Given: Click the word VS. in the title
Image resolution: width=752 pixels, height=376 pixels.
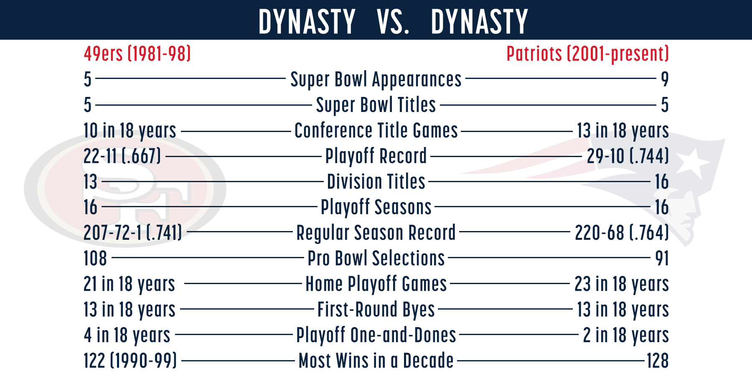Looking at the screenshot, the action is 393,22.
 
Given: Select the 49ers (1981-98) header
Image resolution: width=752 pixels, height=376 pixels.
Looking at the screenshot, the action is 137,54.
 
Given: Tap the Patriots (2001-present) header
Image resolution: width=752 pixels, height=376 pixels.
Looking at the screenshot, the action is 588,54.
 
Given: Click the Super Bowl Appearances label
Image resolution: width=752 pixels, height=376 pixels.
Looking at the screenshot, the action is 376,79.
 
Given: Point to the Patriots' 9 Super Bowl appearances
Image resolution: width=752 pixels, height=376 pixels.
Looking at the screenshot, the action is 665,79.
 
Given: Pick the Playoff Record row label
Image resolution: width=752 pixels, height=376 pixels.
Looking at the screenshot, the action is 376,156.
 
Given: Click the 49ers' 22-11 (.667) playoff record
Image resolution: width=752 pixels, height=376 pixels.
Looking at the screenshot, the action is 122,156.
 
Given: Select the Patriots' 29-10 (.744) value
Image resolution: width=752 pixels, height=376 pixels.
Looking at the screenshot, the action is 628,156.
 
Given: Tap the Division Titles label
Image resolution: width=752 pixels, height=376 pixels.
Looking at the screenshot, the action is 376,182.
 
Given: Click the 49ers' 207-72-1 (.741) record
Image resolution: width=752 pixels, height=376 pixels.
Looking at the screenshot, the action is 133,233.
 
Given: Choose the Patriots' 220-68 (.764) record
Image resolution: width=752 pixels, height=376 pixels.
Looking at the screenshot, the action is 622,233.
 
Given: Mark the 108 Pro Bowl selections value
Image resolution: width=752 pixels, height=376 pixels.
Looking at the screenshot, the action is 95,258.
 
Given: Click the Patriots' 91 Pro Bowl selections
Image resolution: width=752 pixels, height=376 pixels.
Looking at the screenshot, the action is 662,258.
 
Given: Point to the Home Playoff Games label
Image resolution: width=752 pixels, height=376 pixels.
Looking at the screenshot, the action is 376,284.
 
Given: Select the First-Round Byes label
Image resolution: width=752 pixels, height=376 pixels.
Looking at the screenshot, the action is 376,310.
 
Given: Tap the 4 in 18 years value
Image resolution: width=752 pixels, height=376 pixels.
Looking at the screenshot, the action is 127,335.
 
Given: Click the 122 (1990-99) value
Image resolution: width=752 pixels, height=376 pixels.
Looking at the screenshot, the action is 130,361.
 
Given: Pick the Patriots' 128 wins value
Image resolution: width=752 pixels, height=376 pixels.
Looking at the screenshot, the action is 658,361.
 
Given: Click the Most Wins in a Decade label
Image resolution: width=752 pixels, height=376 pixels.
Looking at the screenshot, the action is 376,361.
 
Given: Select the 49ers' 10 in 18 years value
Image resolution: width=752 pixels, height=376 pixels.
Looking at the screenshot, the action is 130,131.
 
